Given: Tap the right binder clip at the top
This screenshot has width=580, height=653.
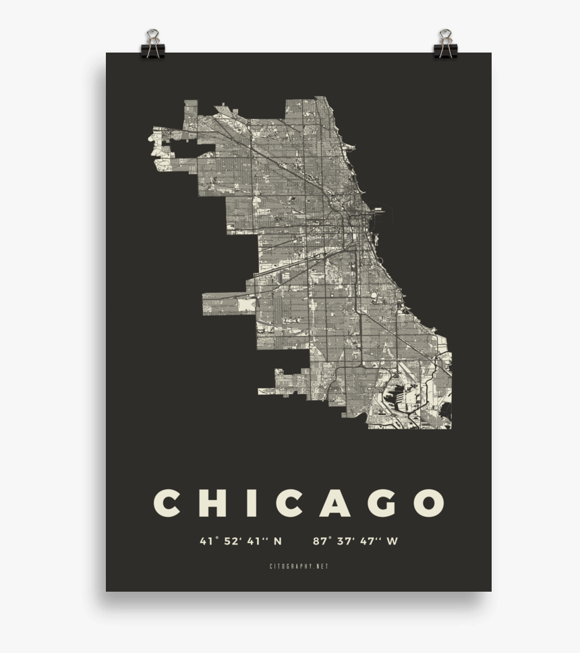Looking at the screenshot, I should [x=445, y=44].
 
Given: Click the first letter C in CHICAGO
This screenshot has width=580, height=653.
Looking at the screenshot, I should [x=167, y=503].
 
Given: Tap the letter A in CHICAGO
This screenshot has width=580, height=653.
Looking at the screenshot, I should [x=335, y=503].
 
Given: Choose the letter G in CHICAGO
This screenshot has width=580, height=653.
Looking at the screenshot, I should [x=382, y=503].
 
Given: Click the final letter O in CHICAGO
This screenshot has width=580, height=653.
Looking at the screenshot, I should [x=429, y=503].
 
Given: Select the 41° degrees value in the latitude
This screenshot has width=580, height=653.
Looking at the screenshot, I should [x=206, y=540].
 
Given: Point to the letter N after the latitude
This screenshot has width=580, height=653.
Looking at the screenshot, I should [x=277, y=540].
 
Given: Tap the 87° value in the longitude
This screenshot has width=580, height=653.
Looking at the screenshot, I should [x=321, y=540].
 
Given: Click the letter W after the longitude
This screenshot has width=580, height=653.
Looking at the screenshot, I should [x=393, y=540].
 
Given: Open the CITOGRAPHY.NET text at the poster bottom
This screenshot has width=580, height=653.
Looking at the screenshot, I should [x=298, y=567].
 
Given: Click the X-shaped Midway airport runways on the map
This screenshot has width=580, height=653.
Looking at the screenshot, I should [x=245, y=305].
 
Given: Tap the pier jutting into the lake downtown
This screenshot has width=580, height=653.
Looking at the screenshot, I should [x=382, y=214].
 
